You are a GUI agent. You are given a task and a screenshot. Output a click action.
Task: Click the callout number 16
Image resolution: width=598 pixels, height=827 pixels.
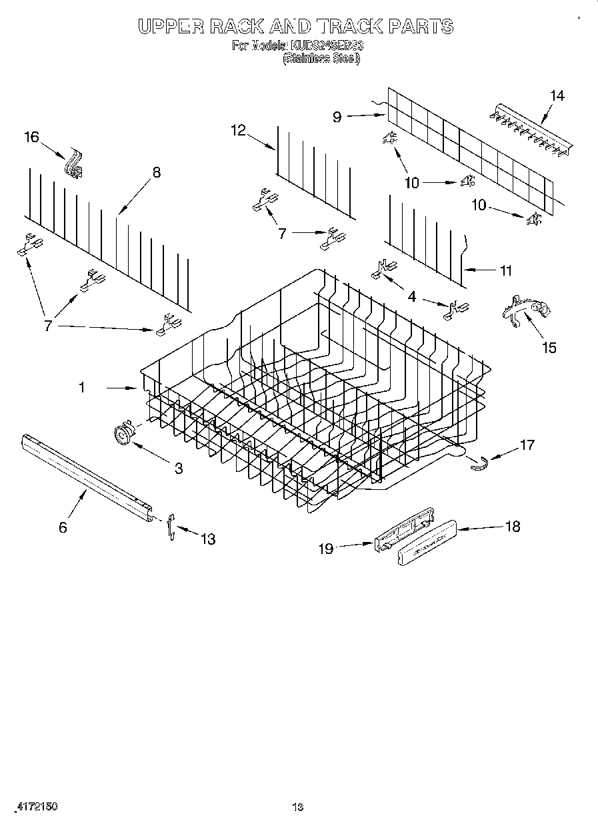coord(32,137)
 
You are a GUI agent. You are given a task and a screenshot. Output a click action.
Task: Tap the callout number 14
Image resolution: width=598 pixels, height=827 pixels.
coord(556,96)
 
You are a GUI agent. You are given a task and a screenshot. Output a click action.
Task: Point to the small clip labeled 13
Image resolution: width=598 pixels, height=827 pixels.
coord(171,525)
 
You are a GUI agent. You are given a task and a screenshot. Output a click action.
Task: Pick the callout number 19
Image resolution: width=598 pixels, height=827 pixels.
coord(325,548)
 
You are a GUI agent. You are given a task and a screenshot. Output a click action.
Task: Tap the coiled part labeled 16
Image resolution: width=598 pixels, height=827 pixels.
coord(73,164)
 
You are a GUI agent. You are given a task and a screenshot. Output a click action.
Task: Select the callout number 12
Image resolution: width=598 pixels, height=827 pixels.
coord(239,131)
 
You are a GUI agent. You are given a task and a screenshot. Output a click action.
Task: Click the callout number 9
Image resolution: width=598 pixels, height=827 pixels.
coord(337,117)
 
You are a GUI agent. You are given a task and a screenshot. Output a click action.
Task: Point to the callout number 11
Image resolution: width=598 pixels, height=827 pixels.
coord(506,270)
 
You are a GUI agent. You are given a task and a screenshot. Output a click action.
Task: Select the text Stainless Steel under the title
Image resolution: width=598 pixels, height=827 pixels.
coord(322,59)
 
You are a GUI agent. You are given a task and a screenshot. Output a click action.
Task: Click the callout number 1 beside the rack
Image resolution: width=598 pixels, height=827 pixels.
coord(82,387)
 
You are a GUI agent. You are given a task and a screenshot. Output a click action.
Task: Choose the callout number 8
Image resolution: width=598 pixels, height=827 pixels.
coord(156,172)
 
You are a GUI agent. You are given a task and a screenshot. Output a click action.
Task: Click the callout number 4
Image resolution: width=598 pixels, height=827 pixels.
coord(412,296)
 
